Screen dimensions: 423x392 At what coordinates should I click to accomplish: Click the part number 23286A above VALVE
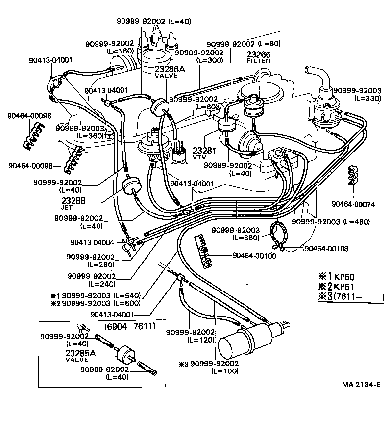click(x=170, y=69)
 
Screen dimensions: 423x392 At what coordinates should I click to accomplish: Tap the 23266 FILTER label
click(x=258, y=57)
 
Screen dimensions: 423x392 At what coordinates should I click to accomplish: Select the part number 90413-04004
click(x=92, y=242)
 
